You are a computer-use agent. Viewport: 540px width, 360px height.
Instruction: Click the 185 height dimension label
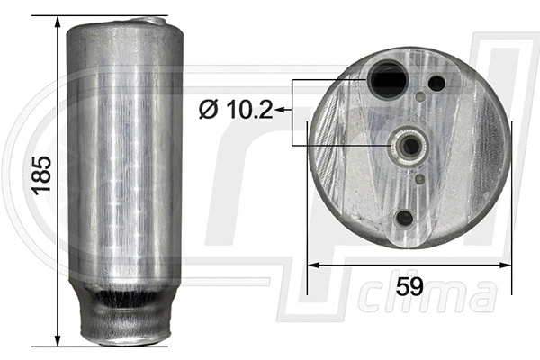(x=39, y=176)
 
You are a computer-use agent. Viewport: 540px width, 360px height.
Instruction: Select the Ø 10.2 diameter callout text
(x=237, y=109)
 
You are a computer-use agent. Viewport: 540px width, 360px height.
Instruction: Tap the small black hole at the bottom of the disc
(x=405, y=217)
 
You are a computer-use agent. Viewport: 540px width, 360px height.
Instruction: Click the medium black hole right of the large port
(x=436, y=84)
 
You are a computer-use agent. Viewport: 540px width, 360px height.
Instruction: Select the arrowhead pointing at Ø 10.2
(x=280, y=110)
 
